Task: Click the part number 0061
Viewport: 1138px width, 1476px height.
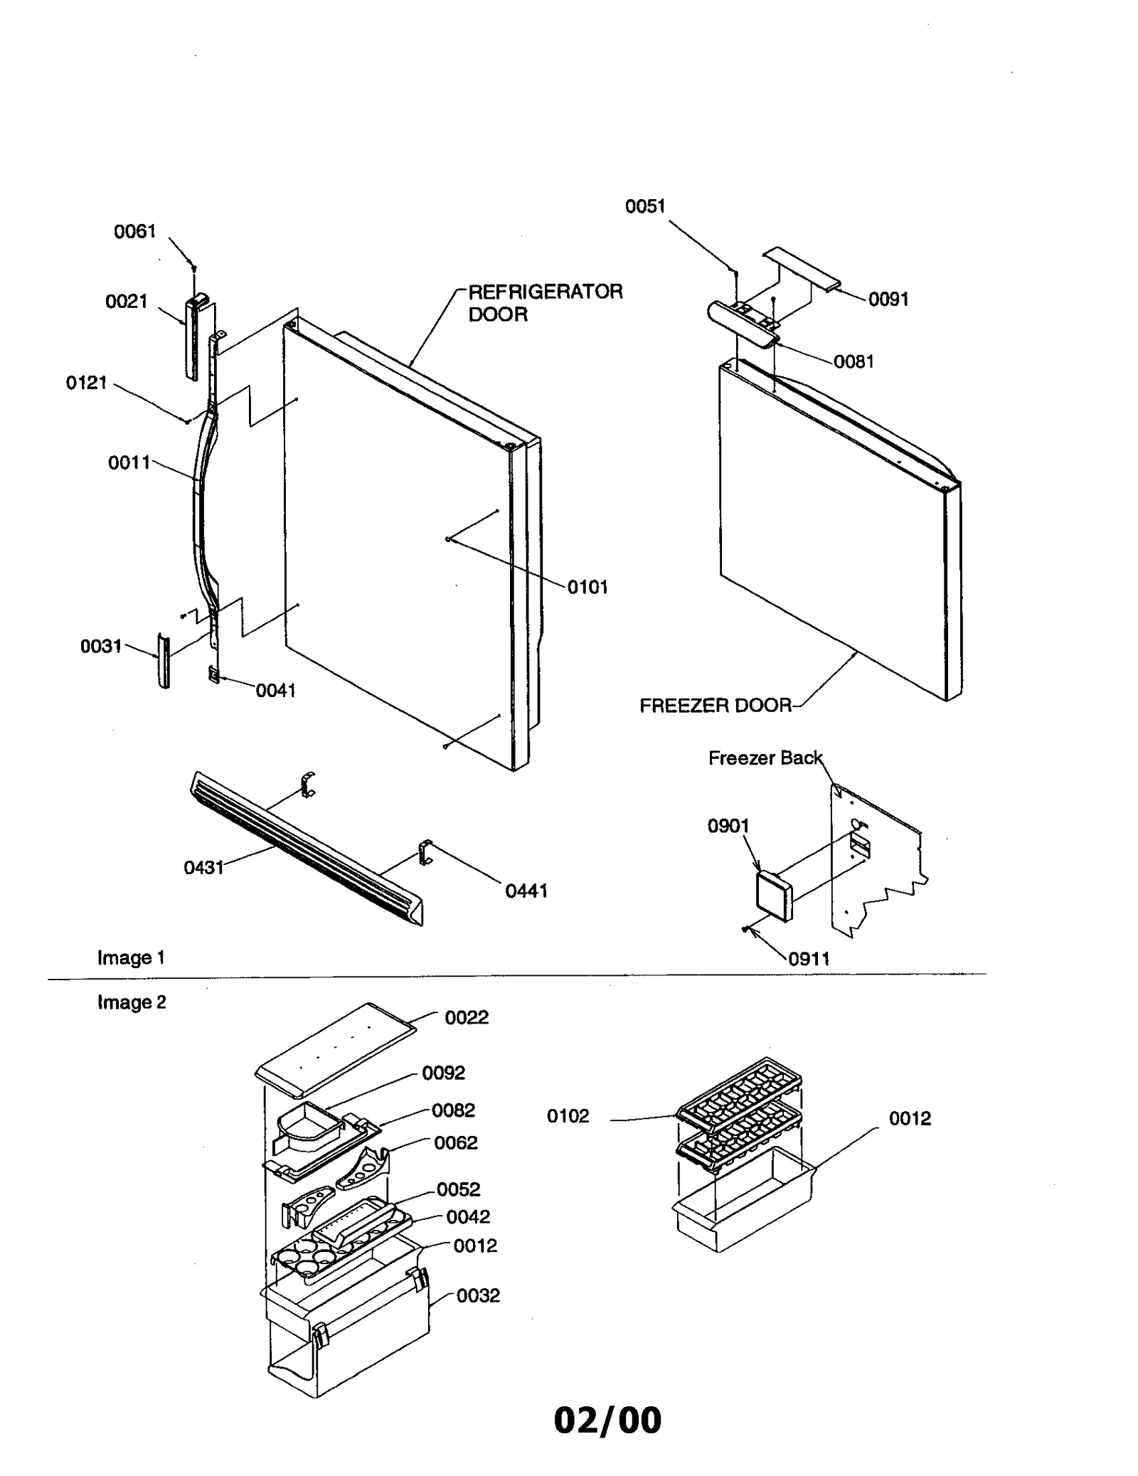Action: pyautogui.click(x=134, y=231)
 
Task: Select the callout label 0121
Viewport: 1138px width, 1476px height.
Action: pyautogui.click(x=86, y=383)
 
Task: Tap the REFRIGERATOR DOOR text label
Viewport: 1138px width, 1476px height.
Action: pyautogui.click(x=544, y=302)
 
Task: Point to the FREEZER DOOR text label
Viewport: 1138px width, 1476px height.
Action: pyautogui.click(x=715, y=706)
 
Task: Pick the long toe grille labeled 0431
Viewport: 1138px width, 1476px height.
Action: pyautogui.click(x=306, y=846)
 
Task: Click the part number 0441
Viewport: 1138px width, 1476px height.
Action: pyautogui.click(x=526, y=891)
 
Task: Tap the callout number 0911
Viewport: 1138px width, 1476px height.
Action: pyautogui.click(x=809, y=958)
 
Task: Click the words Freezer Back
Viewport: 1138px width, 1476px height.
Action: pyautogui.click(x=765, y=758)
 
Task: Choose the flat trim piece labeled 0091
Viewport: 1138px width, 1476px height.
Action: pyautogui.click(x=801, y=268)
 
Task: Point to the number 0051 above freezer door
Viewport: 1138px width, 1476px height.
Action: pyautogui.click(x=644, y=206)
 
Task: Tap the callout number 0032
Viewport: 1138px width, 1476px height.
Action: pyautogui.click(x=478, y=1295)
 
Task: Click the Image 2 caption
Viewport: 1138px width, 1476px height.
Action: pyautogui.click(x=132, y=1002)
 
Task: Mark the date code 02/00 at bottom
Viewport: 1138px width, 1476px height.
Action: pyautogui.click(x=607, y=1420)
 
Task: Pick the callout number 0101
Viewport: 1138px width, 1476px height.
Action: pyautogui.click(x=587, y=587)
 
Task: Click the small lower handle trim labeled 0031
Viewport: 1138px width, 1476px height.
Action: pyautogui.click(x=164, y=661)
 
